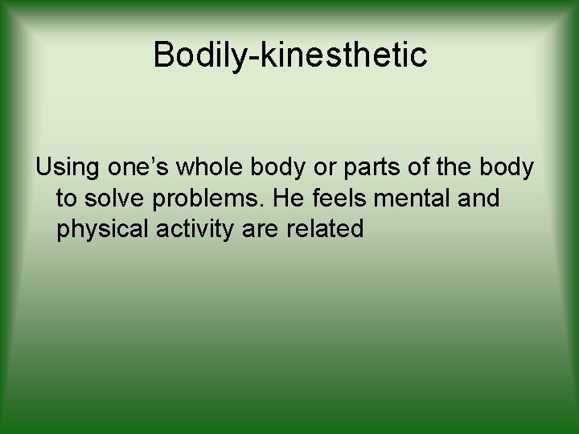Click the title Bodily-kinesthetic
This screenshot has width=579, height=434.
point(289,55)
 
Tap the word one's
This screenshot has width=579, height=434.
point(145,168)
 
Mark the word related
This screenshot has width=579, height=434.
point(324,229)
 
